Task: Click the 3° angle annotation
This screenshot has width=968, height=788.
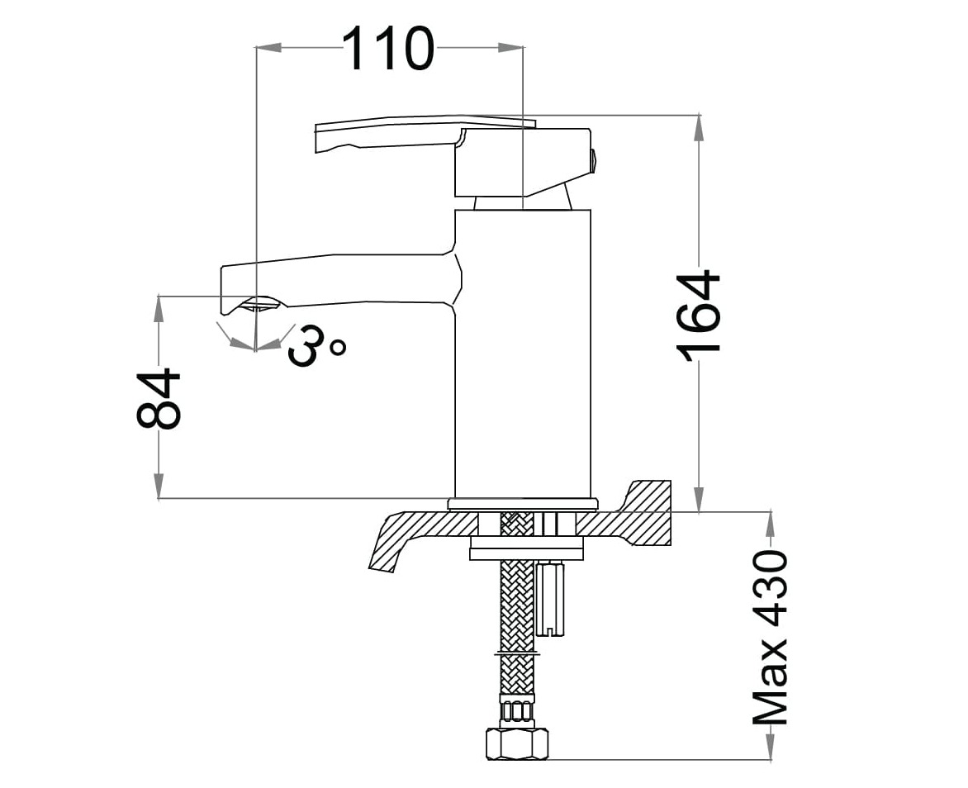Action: tap(316, 345)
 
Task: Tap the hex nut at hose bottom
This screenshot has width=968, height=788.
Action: tap(516, 743)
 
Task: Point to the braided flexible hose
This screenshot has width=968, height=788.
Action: tap(517, 611)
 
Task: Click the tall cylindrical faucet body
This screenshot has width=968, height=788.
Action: tap(523, 355)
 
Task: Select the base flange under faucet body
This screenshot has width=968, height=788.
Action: tap(522, 503)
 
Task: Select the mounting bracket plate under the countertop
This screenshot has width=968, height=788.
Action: tap(526, 548)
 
